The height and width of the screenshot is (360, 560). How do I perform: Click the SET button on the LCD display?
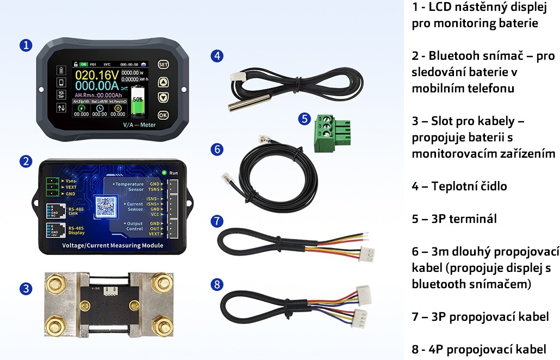coord(163,64)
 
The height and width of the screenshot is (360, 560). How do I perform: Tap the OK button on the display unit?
coord(163,115)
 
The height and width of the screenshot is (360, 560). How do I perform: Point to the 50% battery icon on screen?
coord(138,100)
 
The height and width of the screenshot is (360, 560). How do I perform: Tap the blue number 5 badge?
coord(304,119)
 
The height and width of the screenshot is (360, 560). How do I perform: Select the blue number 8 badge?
coord(217,284)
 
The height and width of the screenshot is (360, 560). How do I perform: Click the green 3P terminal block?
coord(328,133)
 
